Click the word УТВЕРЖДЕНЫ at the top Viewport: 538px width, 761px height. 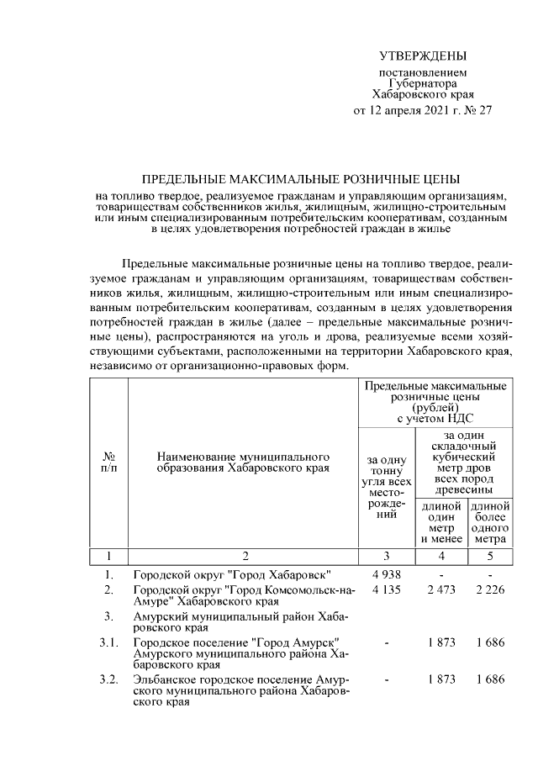click(422, 56)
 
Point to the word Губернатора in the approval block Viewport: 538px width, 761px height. click(423, 84)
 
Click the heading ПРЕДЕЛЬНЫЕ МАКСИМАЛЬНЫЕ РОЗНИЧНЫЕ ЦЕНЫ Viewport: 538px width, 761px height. click(300, 180)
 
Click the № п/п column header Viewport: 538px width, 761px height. click(108, 462)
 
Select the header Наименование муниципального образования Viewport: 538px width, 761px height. click(244, 462)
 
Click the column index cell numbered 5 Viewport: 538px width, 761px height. click(490, 556)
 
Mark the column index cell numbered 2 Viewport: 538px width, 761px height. click(244, 556)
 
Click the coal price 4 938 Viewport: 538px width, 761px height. click(387, 575)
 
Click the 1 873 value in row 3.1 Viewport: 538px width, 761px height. click(441, 642)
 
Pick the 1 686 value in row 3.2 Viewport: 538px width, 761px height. click(490, 678)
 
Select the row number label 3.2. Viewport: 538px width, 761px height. click(108, 678)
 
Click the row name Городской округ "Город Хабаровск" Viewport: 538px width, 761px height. click(231, 575)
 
